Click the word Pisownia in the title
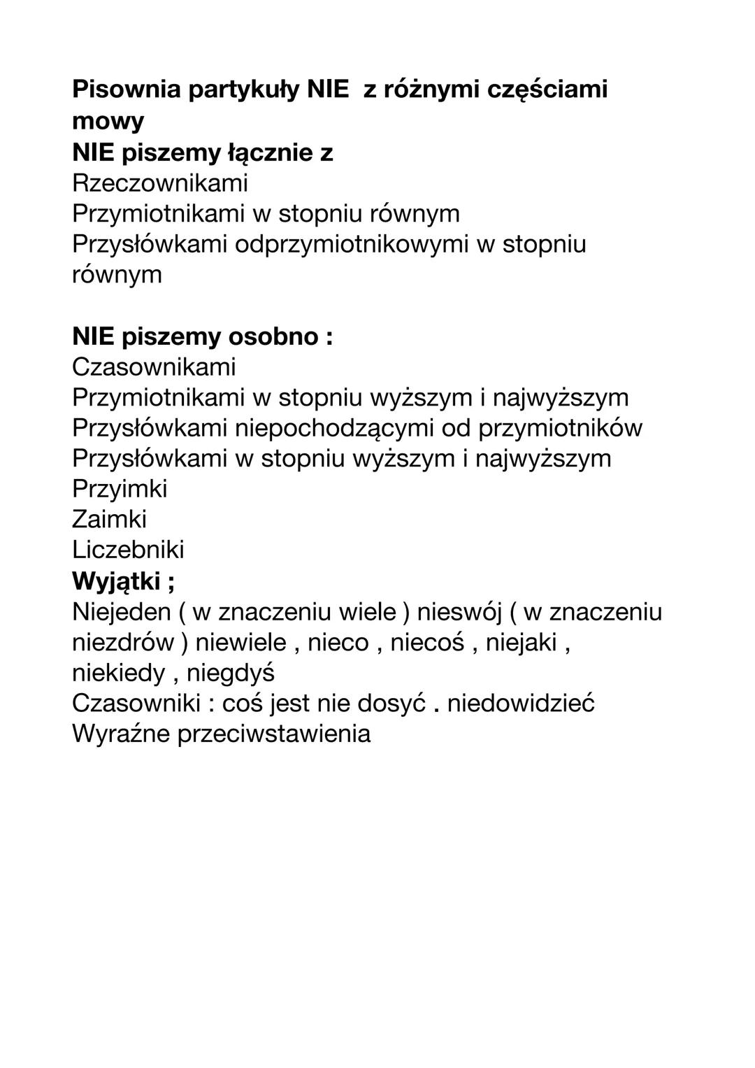click(125, 90)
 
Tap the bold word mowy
click(108, 121)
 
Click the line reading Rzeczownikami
click(160, 183)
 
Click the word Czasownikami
click(154, 366)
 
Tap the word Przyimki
click(120, 488)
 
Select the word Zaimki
click(109, 519)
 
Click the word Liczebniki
click(128, 549)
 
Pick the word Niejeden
click(122, 612)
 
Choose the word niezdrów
click(123, 642)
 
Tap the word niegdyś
click(231, 673)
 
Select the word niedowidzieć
click(521, 703)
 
